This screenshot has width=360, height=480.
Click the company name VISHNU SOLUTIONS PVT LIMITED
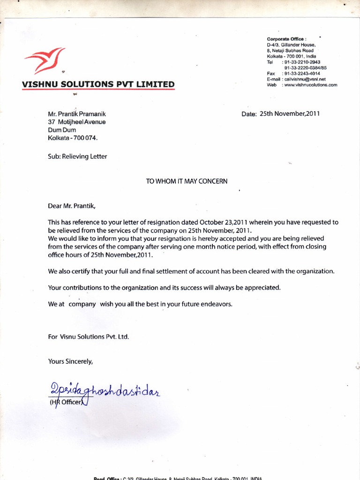pyautogui.click(x=98, y=84)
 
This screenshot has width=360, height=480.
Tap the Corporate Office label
pyautogui.click(x=286, y=38)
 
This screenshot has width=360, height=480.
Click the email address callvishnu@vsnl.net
pyautogui.click(x=303, y=79)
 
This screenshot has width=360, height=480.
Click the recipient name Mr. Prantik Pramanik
pyautogui.click(x=80, y=114)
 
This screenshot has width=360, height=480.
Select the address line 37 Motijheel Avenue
pyautogui.click(x=77, y=122)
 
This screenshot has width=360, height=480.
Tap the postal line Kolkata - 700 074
pyautogui.click(x=73, y=138)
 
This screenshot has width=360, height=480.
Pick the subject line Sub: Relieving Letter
pyautogui.click(x=77, y=157)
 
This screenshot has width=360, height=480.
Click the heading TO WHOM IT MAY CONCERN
pyautogui.click(x=187, y=181)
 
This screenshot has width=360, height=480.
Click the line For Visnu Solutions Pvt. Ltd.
pyautogui.click(x=88, y=337)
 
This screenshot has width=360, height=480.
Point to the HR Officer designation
pyautogui.click(x=67, y=402)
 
